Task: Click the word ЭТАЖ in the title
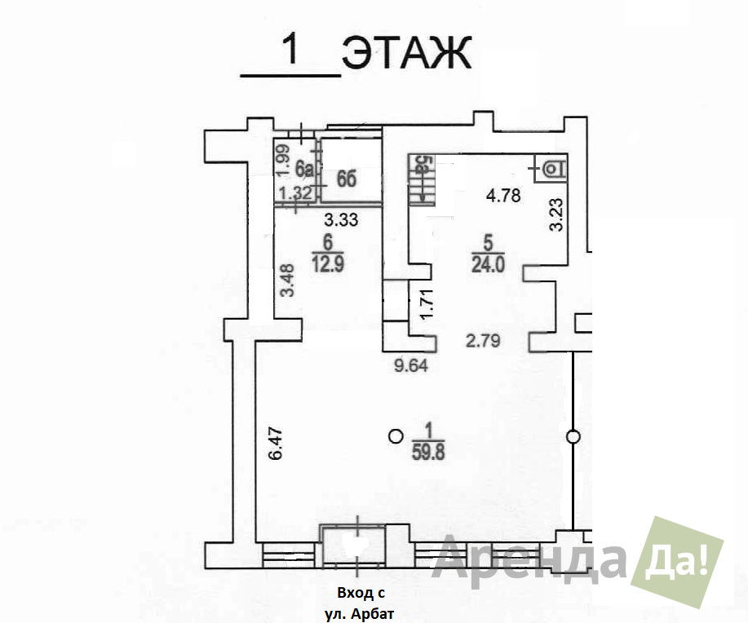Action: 407,52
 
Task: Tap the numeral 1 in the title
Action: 290,50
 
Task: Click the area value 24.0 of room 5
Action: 488,263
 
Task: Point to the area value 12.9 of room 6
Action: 328,263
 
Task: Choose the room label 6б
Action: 347,179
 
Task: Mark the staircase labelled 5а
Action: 422,180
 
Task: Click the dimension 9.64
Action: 411,366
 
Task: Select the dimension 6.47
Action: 276,444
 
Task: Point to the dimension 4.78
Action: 503,196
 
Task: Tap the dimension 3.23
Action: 556,214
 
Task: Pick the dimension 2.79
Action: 483,341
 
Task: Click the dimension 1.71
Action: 426,304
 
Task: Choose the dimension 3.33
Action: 341,220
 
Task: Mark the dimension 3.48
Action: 288,281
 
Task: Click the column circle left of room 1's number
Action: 396,435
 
